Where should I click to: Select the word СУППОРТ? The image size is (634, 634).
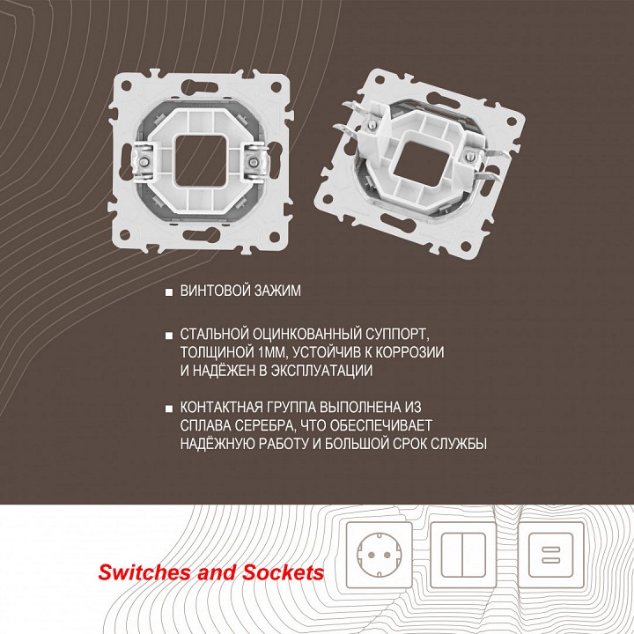coord(391,335)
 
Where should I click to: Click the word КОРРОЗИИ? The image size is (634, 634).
coord(409,352)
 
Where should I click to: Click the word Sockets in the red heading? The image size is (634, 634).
coord(283,572)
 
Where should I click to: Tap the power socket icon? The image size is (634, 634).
coord(380,555)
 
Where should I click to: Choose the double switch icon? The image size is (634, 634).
coord(463,555)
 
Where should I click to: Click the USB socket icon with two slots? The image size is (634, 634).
coord(551,555)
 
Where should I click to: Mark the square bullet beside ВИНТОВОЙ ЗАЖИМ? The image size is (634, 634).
coord(169,292)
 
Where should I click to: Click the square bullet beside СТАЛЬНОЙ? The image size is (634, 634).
coord(169,335)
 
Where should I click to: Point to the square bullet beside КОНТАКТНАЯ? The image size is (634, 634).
coord(169,409)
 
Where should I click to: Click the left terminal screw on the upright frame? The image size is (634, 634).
coord(144,162)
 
